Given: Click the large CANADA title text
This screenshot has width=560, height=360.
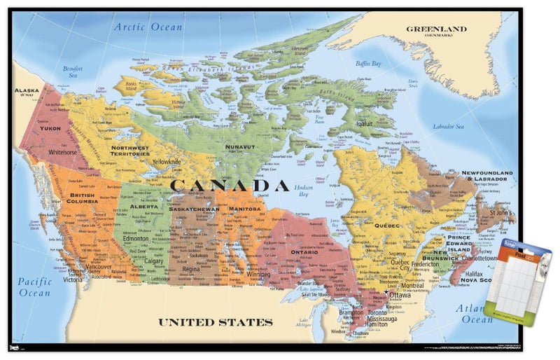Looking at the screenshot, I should pos(230,186).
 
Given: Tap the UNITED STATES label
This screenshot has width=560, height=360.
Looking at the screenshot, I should pos(215,322).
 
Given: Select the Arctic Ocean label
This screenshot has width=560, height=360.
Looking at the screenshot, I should pos(148,27).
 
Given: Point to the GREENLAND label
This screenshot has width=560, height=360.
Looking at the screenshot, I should pos(436,30).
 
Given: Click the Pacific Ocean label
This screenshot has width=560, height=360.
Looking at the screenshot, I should pos(34,287).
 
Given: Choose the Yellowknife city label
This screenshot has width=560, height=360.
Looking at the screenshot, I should pos(167,162).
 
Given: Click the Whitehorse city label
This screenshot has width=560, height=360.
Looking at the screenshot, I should pos(62,152).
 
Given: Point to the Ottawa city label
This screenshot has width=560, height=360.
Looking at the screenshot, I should pos(400,296).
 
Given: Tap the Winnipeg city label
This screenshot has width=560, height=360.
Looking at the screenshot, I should pos(258,274).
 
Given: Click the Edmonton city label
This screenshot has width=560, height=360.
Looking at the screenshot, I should pos(135,239).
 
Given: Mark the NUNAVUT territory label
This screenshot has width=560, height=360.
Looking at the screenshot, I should pos(240,147).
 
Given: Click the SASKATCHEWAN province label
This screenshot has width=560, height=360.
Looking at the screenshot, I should pos(195,209).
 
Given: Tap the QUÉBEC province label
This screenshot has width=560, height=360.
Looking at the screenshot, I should pos(386,226).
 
